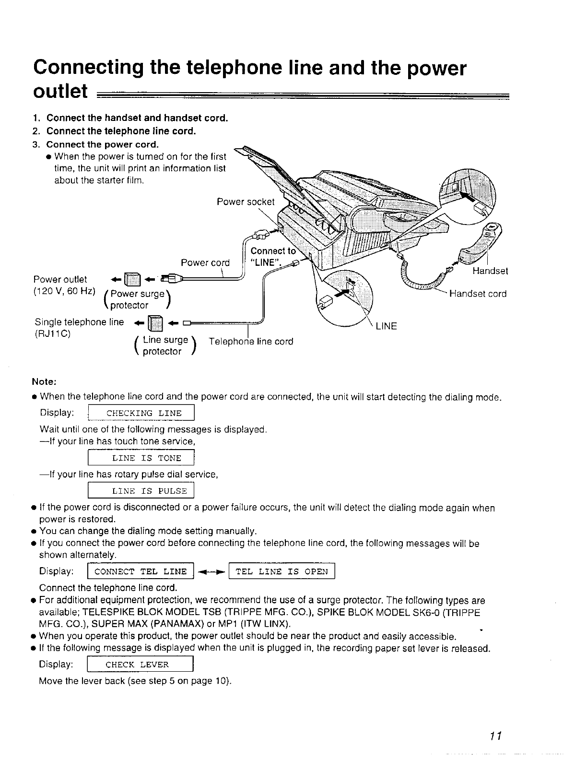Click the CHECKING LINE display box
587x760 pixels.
click(x=141, y=413)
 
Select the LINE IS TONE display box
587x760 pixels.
click(x=141, y=458)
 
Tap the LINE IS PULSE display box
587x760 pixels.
click(x=141, y=490)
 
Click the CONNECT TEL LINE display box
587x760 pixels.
click(x=141, y=571)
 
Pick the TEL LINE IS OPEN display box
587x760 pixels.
click(x=282, y=571)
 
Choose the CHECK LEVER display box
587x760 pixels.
click(x=141, y=665)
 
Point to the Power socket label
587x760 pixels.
click(x=246, y=202)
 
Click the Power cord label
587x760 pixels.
click(x=205, y=262)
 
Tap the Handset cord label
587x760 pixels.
click(x=477, y=294)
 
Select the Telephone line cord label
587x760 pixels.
click(x=251, y=342)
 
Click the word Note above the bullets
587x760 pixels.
click(x=44, y=382)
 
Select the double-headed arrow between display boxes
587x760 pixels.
click(x=211, y=571)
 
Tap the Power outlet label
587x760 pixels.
click(x=60, y=279)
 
